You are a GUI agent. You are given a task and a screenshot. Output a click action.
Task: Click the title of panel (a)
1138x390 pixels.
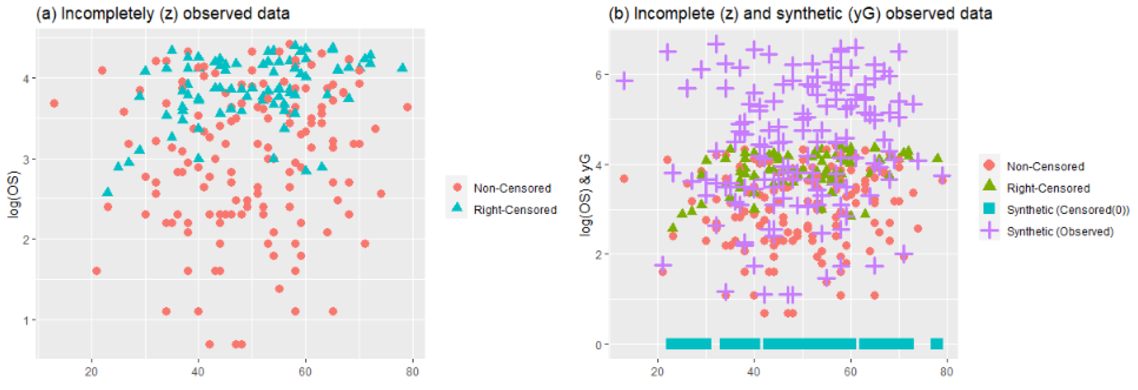163,14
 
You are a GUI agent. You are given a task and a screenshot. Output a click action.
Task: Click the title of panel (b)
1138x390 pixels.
800,14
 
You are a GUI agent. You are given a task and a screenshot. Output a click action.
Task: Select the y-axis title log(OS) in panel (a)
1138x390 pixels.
15,194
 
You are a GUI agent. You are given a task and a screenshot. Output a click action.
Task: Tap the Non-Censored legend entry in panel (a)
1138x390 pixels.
511,188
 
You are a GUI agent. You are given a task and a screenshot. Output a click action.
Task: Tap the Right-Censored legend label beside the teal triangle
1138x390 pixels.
515,210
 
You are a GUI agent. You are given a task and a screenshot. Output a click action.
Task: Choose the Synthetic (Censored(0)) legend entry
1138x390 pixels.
1067,210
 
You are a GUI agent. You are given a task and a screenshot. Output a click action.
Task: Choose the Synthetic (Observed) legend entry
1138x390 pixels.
1060,231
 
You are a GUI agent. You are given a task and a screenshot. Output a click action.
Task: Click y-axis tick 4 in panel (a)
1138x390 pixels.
27,79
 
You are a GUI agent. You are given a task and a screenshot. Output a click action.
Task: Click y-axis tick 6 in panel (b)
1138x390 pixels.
599,75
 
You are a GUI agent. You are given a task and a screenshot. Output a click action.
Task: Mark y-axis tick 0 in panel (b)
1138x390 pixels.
599,345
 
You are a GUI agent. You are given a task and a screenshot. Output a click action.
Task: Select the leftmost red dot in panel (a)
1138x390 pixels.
54,103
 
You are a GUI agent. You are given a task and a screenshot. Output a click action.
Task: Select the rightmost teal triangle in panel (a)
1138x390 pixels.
402,68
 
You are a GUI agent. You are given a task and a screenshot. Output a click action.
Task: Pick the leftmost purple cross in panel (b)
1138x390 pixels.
624,81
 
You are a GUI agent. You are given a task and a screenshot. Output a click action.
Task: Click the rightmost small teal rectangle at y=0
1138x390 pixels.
936,344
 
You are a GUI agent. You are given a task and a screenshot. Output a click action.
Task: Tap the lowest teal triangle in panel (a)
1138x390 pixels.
107,192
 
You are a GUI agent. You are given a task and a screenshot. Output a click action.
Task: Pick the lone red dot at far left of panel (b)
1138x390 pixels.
624,179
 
